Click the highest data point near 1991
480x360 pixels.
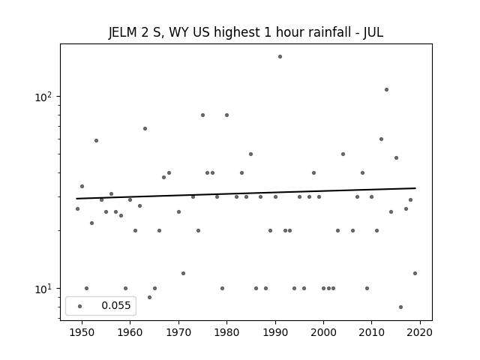(280, 57)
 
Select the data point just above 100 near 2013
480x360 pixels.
(386, 90)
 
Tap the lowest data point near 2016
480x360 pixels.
(400, 307)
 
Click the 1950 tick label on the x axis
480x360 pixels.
(82, 332)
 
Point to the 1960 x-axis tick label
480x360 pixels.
(130, 332)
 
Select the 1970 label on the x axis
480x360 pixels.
(178, 332)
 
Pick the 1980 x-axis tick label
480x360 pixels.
(226, 332)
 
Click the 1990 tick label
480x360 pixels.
(275, 332)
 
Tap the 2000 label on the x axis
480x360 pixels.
(323, 332)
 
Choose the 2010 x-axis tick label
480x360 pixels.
(372, 332)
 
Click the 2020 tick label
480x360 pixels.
(420, 332)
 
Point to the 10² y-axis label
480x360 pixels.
(43, 97)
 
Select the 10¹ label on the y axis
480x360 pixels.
(43, 289)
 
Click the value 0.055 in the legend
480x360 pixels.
(116, 305)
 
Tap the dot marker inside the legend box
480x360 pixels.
(79, 306)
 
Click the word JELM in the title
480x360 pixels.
(122, 32)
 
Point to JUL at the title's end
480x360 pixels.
(373, 32)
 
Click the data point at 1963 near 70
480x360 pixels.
(145, 128)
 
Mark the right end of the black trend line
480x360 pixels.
(415, 188)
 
